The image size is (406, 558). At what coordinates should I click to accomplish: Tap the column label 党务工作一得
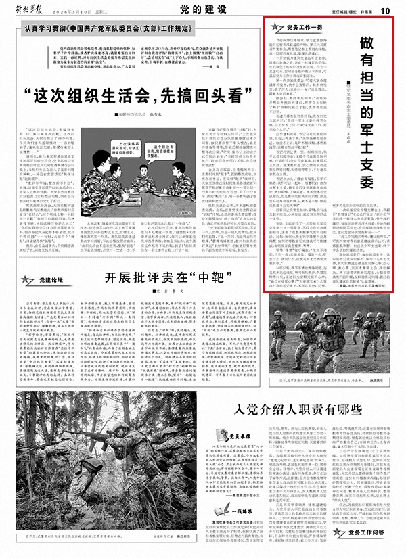[298, 28]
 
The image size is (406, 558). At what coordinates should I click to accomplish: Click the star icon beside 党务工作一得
[275, 27]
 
